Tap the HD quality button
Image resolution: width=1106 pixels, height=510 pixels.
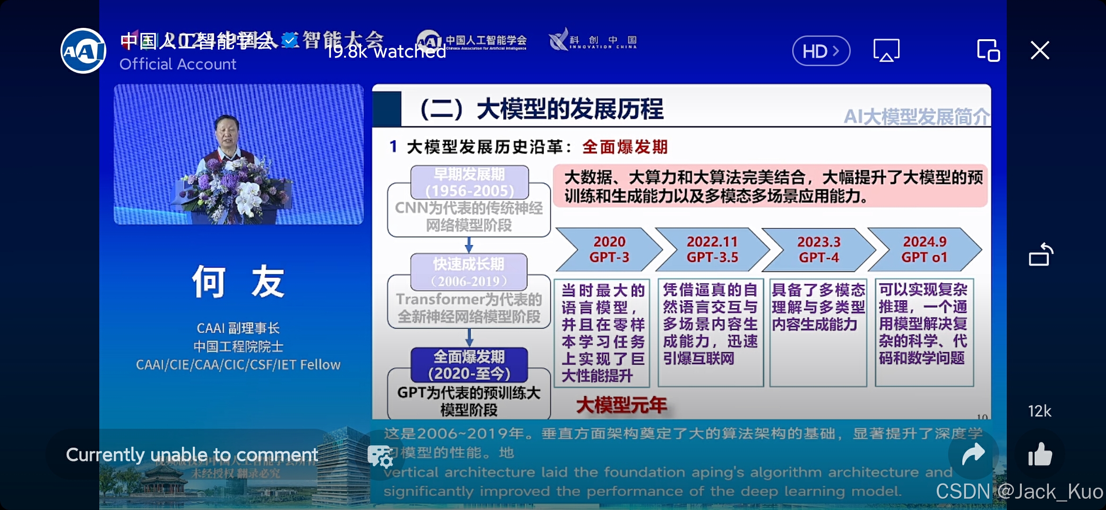point(821,51)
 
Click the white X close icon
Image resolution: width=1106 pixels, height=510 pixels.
point(1040,50)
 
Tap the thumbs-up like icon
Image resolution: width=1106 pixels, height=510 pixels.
point(1040,455)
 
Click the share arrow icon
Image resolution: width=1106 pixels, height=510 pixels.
point(973,455)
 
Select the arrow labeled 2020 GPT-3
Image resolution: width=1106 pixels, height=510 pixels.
point(609,249)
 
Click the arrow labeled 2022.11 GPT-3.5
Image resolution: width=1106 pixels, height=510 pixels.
point(712,249)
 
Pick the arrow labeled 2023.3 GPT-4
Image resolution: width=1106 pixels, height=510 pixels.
point(819,249)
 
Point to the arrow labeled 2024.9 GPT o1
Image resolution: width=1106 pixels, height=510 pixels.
point(924,249)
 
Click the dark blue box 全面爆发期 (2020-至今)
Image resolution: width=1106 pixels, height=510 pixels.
point(469,365)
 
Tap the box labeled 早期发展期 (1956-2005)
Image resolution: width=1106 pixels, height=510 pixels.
point(469,182)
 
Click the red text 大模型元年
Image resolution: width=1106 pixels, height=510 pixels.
point(621,405)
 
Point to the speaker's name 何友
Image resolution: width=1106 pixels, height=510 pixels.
point(238,282)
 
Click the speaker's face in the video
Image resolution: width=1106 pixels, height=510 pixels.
point(227,131)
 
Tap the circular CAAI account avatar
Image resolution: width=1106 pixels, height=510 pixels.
point(83,51)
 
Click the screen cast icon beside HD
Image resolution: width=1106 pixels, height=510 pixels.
point(886,50)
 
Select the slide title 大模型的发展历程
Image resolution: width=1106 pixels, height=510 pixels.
point(570,110)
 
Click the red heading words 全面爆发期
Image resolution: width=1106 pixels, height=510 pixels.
point(624,147)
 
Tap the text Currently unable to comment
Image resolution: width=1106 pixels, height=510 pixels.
point(192,455)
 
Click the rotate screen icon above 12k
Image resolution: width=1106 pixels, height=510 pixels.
point(1040,255)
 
